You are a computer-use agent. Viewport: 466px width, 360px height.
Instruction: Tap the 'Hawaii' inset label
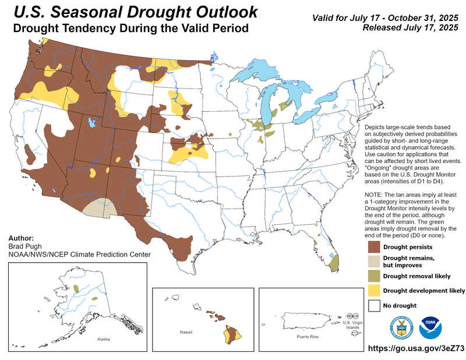(186, 331)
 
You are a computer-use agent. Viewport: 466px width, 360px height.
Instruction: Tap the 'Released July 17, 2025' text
(410, 27)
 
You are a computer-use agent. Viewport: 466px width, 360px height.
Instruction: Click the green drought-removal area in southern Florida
(334, 264)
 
